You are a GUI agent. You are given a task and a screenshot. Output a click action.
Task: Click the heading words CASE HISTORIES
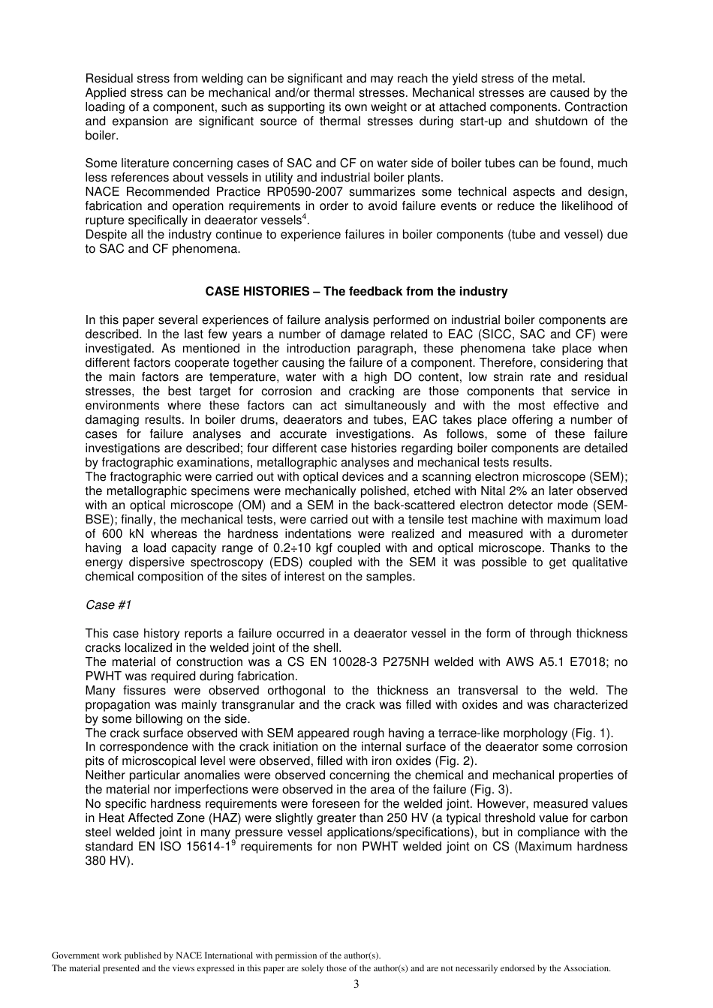click(257, 292)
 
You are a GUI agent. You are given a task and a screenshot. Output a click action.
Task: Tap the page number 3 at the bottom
click(356, 984)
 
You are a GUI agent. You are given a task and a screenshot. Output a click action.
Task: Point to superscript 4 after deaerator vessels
click(303, 217)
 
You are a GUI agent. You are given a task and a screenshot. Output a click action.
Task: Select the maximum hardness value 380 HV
click(109, 861)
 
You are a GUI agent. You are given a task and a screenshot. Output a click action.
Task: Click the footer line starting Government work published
click(216, 955)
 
